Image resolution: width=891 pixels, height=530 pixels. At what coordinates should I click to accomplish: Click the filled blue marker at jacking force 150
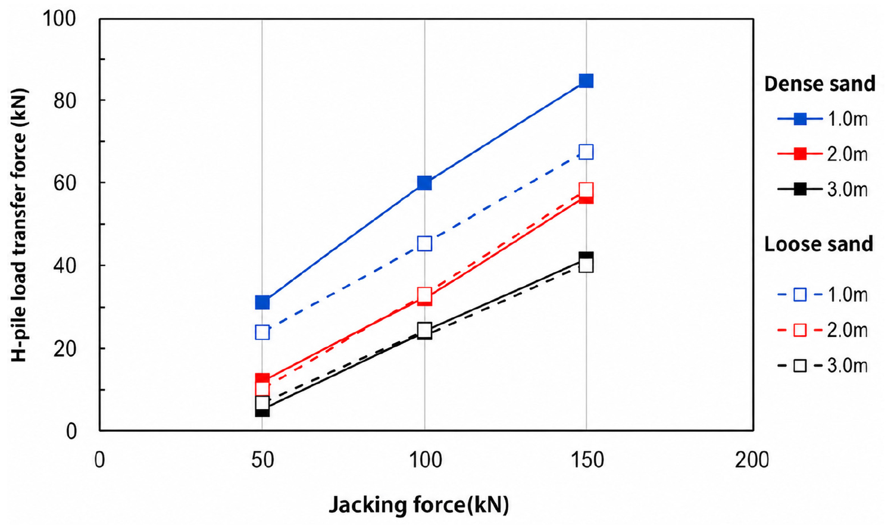pos(586,81)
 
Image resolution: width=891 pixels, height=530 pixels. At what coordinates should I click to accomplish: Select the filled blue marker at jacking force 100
pos(425,183)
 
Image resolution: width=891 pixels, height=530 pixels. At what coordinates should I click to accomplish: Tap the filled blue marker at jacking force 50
pos(262,303)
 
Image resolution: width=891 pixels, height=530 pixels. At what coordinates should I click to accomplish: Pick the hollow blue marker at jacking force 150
pos(586,152)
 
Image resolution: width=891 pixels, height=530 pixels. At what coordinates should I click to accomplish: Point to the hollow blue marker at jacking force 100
pos(425,244)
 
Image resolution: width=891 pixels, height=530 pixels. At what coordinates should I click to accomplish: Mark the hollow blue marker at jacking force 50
pos(262,332)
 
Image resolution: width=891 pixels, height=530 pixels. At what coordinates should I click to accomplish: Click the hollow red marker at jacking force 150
pos(586,190)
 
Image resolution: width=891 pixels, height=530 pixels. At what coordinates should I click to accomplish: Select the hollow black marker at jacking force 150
pos(586,266)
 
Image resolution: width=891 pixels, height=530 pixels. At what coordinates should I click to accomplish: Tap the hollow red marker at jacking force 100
pos(425,295)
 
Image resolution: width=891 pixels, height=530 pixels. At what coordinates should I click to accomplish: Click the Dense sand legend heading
pos(820,84)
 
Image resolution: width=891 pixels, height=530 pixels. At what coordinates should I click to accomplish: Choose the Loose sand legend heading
pos(818,244)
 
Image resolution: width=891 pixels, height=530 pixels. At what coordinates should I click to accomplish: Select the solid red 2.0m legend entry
pos(822,154)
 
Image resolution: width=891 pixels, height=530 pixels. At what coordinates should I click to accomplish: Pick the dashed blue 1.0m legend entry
pos(822,295)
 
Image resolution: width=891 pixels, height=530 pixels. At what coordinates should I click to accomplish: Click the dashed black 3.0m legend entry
pos(822,366)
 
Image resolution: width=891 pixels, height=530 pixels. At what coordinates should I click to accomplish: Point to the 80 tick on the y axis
pos(64,101)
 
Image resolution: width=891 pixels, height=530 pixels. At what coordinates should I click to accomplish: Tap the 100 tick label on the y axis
pos(59,18)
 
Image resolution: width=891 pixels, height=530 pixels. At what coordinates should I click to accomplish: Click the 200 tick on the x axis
pos(752,460)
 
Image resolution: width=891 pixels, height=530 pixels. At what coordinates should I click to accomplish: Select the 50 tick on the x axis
pos(262,460)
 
